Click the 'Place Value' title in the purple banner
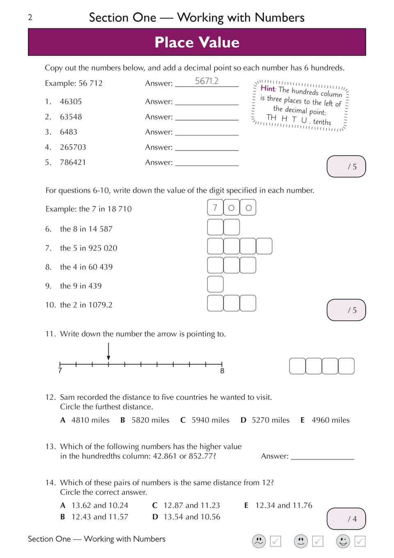[197, 42]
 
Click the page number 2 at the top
[30, 17]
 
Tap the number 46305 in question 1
[71, 101]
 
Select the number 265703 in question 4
[73, 147]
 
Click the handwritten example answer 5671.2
[207, 81]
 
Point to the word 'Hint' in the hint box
[268, 88]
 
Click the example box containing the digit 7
[215, 208]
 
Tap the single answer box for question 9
[215, 284]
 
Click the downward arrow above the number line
[108, 352]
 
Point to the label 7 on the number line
[60, 370]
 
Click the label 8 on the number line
[222, 371]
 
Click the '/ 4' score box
[346, 519]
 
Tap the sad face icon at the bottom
[259, 541]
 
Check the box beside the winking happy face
[360, 541]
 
